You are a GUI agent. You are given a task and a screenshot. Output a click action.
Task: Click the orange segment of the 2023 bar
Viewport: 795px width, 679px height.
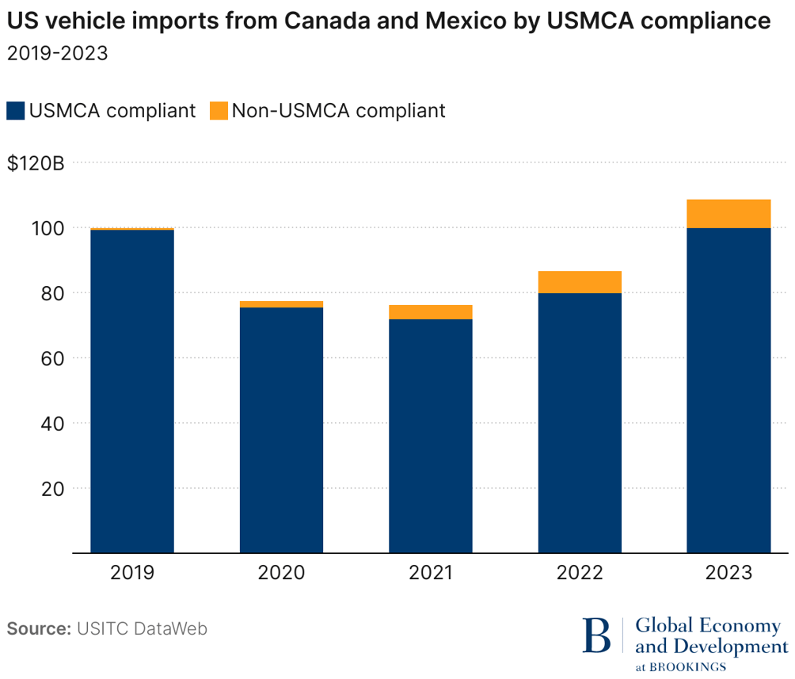tap(728, 214)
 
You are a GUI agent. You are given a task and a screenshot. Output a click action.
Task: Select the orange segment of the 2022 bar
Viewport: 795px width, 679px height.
tap(580, 282)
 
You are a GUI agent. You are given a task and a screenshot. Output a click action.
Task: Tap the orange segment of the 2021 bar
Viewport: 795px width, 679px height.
tap(430, 312)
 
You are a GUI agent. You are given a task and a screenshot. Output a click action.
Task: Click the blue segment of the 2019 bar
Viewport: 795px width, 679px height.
tap(132, 391)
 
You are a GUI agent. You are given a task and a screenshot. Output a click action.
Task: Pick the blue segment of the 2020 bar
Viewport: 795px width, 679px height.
tap(281, 429)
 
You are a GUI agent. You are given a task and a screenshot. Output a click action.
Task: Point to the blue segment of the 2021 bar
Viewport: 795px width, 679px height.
tap(430, 436)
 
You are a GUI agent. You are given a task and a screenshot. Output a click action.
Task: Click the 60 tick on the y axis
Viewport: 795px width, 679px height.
tap(52, 358)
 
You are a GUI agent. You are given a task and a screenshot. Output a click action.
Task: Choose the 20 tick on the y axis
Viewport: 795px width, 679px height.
tap(52, 488)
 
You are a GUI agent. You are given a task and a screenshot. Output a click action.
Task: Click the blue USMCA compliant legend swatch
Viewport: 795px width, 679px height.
tap(16, 110)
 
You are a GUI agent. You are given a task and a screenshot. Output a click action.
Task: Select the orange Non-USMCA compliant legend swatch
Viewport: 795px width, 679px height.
tap(219, 110)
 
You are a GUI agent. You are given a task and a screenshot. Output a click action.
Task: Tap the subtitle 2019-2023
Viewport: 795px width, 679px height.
tap(57, 54)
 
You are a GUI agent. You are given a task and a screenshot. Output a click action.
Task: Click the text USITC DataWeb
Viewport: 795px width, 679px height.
tap(142, 629)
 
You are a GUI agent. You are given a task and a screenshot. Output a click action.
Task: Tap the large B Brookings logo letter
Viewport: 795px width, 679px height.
tap(597, 635)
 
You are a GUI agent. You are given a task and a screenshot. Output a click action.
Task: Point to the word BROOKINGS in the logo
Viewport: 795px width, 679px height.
tap(687, 666)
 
